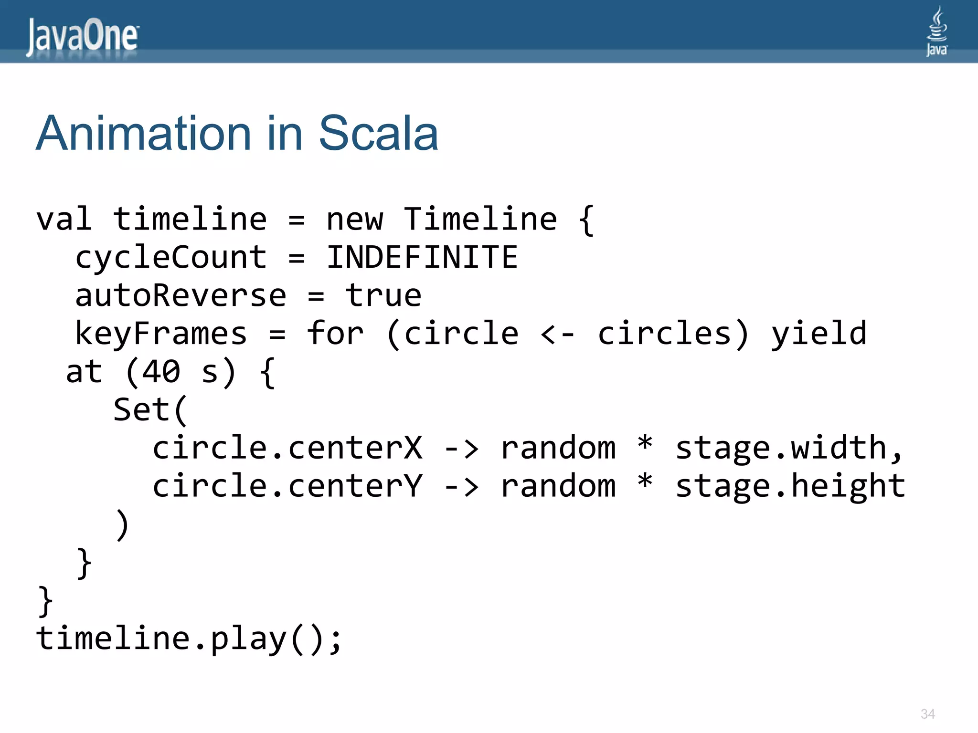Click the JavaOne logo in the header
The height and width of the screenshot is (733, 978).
coord(83,36)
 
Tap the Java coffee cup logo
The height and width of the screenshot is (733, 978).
coord(936,31)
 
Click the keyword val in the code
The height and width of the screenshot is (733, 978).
coord(64,220)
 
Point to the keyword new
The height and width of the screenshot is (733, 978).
coord(354,220)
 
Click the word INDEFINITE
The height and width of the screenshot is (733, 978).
coord(422,257)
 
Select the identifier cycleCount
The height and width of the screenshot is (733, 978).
coord(171,257)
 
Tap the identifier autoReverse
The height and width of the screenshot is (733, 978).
coord(181,295)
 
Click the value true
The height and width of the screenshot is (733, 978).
coord(383,295)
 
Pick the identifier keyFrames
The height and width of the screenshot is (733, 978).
coord(161,334)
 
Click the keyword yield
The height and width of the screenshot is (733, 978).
coord(819,334)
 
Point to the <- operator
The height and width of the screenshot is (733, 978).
coord(557,334)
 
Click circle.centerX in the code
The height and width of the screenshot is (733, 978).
coord(287,448)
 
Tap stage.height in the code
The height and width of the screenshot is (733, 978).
coord(790,486)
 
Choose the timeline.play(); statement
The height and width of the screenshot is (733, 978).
coord(189,639)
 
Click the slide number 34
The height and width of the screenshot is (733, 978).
coord(927,714)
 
